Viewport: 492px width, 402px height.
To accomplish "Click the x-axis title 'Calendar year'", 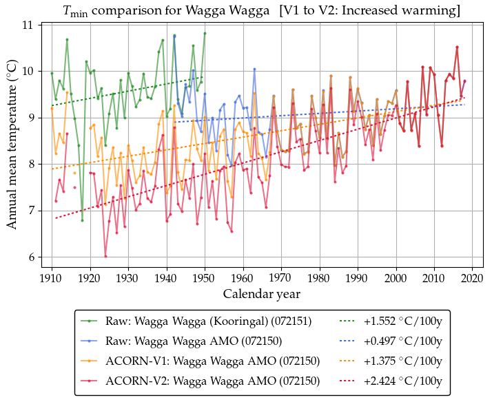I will point(261,294).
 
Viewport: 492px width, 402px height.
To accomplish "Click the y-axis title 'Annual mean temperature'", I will point(12,145).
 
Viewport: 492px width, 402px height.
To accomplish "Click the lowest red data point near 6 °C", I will point(105,256).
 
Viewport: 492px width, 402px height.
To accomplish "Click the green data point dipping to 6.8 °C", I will point(82,220).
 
